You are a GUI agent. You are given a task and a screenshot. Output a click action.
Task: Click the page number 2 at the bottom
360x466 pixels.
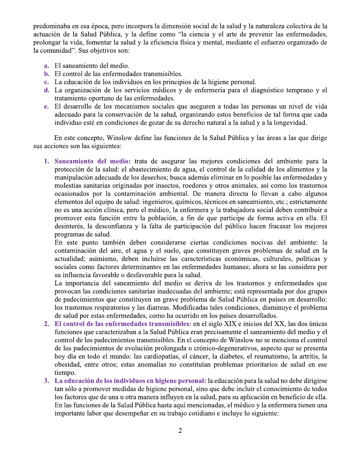180,431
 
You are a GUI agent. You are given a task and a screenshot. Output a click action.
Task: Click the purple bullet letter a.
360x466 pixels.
46,66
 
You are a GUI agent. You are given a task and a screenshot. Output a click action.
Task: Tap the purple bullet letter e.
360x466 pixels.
46,106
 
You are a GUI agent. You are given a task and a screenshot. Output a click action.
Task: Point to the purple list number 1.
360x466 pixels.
46,161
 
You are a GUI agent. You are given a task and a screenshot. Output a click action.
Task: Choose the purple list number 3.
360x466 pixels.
46,381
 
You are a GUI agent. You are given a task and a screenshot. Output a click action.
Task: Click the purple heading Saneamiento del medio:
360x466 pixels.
93,161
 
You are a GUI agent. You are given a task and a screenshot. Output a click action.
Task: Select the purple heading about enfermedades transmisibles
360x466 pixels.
123,324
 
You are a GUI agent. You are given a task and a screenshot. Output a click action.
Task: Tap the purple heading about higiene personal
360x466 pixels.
130,381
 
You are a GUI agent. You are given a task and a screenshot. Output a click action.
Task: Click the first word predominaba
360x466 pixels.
50,26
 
